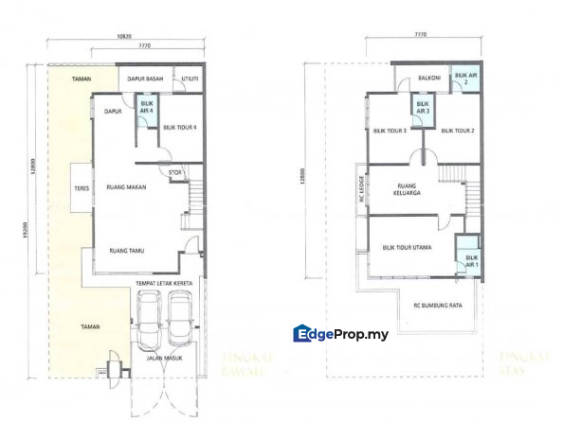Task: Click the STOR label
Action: pyautogui.click(x=174, y=172)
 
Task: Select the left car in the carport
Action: pyautogui.click(x=150, y=319)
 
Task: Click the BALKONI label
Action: pyautogui.click(x=424, y=80)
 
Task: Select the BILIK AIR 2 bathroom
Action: pyautogui.click(x=464, y=78)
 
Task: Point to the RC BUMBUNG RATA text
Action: pyautogui.click(x=437, y=306)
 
